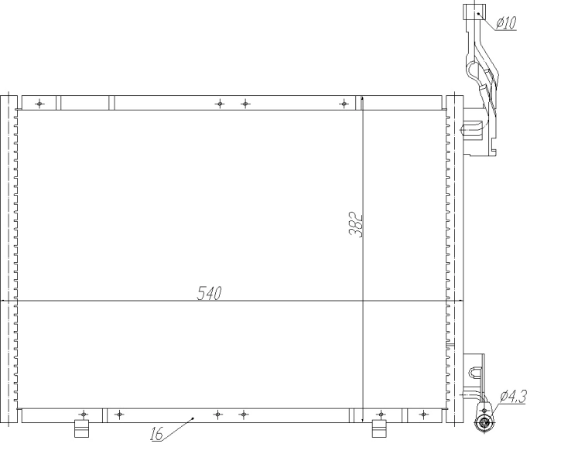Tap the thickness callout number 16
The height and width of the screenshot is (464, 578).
(x=156, y=435)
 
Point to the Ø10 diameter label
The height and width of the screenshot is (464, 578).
(x=506, y=23)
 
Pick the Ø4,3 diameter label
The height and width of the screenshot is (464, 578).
(x=514, y=396)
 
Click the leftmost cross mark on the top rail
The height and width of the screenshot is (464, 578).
(x=40, y=103)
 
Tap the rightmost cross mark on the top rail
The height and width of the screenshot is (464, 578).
(x=344, y=103)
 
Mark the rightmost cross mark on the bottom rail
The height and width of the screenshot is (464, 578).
(x=422, y=415)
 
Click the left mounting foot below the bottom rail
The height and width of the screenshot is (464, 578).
(x=80, y=428)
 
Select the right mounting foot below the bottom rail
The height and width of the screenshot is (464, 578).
(x=378, y=428)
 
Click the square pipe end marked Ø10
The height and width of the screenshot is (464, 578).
(x=472, y=12)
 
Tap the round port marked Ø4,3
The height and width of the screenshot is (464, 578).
(x=485, y=421)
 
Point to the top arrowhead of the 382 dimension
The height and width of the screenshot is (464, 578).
(x=362, y=100)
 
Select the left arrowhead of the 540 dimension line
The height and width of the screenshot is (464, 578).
(x=7, y=299)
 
